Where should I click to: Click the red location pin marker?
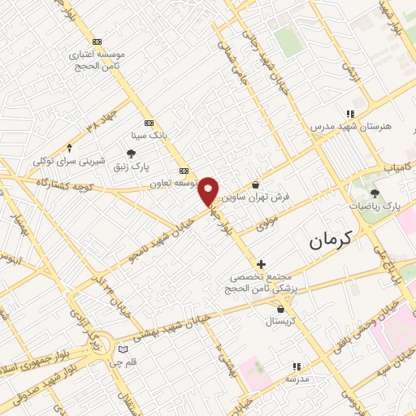pyautogui.click(x=209, y=190)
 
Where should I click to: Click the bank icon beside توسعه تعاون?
pyautogui.click(x=184, y=171)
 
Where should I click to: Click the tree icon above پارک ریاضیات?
pyautogui.click(x=375, y=193)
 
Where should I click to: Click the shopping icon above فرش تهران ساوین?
pyautogui.click(x=256, y=184)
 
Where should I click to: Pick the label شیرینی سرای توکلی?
pyautogui.click(x=69, y=162)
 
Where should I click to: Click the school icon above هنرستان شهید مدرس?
pyautogui.click(x=350, y=115)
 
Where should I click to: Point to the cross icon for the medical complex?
pyautogui.click(x=260, y=264)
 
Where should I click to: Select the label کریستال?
pyautogui.click(x=281, y=322)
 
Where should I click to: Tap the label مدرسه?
pyautogui.click(x=297, y=379)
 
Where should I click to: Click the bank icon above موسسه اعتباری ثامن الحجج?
pyautogui.click(x=97, y=41)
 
